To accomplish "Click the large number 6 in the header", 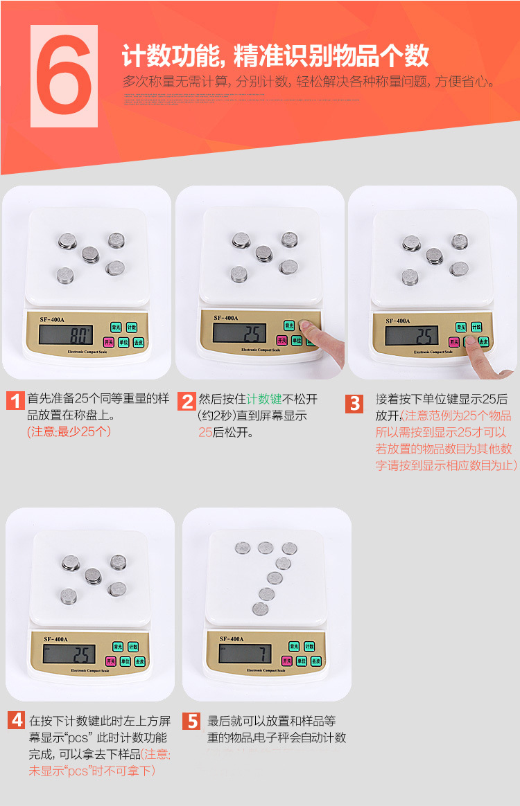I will click(64, 76).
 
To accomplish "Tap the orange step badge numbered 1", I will click(15, 401).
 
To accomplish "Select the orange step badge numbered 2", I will click(187, 401).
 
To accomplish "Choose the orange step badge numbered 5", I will click(192, 721).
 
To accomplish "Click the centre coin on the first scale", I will click(91, 254).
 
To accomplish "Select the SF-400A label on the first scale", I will click(53, 319).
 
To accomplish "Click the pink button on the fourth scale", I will click(110, 661).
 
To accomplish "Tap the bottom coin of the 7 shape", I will click(260, 609).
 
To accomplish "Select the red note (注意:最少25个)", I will click(68, 431).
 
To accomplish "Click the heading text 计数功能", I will click(170, 55).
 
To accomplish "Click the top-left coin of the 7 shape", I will click(242, 548).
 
